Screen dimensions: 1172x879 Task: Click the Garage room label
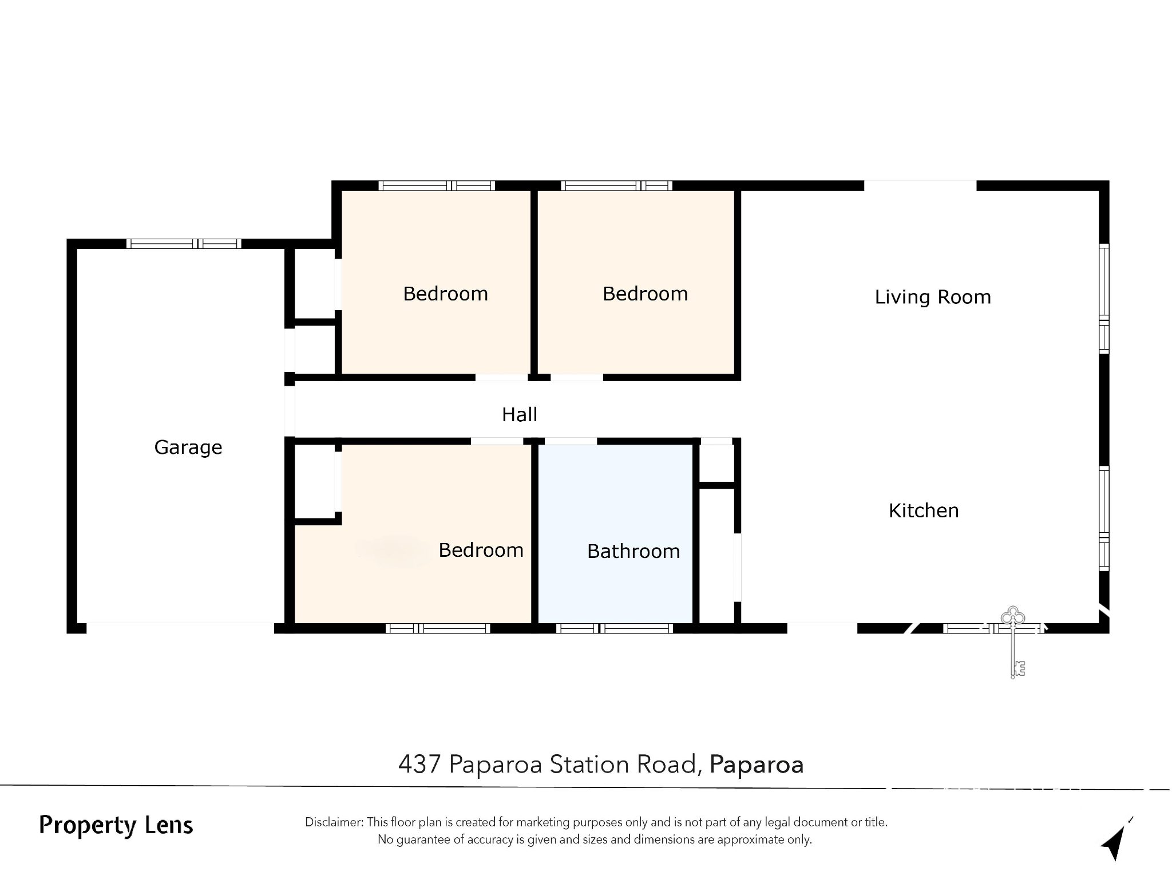click(x=188, y=448)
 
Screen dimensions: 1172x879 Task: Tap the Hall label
click(x=520, y=414)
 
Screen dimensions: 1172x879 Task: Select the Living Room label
click(x=933, y=298)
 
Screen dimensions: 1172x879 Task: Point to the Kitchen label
click(x=924, y=510)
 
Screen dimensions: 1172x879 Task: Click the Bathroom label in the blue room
click(x=633, y=551)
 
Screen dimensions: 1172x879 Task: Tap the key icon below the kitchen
click(x=1013, y=642)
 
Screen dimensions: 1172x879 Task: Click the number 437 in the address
click(x=419, y=764)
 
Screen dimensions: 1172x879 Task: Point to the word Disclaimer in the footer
click(x=334, y=822)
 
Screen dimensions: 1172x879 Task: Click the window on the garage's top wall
click(x=184, y=244)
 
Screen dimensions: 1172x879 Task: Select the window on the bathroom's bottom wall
click(x=614, y=628)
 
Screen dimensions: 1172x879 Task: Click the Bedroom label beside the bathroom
click(x=481, y=550)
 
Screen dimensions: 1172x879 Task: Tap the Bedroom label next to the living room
click(x=645, y=294)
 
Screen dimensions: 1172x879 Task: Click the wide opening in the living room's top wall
click(x=920, y=185)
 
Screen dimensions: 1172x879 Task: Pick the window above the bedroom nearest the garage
click(x=437, y=185)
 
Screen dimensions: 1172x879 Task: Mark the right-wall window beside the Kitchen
click(x=1104, y=518)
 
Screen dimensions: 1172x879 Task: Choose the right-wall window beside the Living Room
click(x=1104, y=299)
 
